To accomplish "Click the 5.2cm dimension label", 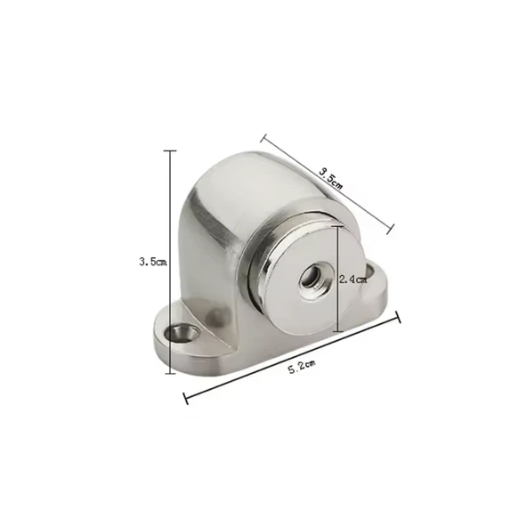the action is pyautogui.click(x=302, y=367).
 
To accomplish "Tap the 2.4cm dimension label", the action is pyautogui.click(x=353, y=280).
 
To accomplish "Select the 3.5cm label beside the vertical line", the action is pyautogui.click(x=153, y=262).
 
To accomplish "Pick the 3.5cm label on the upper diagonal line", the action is pyautogui.click(x=331, y=178).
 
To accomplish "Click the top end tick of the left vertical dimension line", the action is pyautogui.click(x=170, y=151).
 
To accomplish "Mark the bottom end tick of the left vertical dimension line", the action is pyautogui.click(x=170, y=373).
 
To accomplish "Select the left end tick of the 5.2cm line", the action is pyautogui.click(x=185, y=398).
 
